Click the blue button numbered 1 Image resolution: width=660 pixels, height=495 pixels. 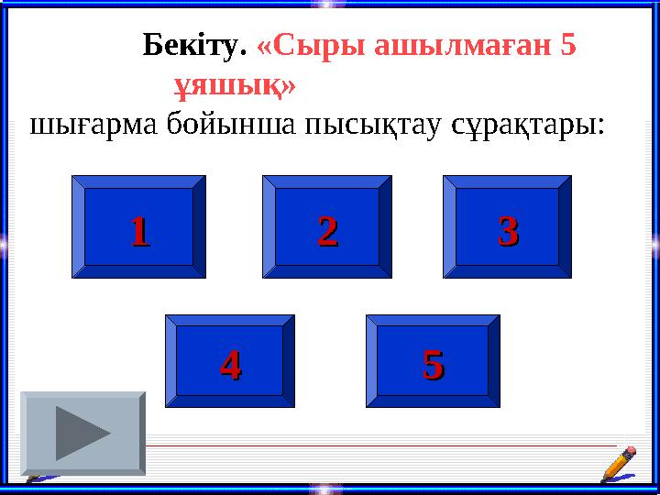pos(139,227)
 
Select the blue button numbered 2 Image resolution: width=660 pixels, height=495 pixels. pos(327,227)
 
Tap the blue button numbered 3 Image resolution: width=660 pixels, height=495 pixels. pos(508,226)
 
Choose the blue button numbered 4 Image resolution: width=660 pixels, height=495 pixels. pos(230,361)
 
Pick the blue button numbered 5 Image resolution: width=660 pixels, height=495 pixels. pos(434,361)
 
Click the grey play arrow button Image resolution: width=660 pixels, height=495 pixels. pos(83,433)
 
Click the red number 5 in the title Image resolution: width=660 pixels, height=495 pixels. pos(568,45)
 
